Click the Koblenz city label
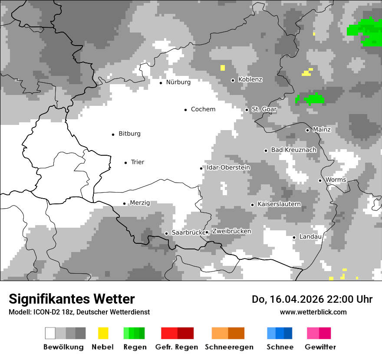[250, 79]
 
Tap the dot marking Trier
[126, 163]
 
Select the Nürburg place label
[178, 82]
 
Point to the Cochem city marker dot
[186, 110]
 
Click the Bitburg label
[129, 134]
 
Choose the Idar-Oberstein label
[228, 167]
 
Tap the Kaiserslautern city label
[279, 204]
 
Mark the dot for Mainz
[307, 130]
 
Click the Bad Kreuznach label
[294, 150]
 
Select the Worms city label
[336, 180]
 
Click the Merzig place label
[140, 203]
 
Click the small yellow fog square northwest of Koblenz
[223, 68]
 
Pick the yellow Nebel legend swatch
[103, 333]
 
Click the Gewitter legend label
[320, 347]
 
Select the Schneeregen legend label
[229, 347]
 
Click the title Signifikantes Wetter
[72, 299]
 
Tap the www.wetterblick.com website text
[313, 312]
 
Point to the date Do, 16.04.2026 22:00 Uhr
[312, 299]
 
